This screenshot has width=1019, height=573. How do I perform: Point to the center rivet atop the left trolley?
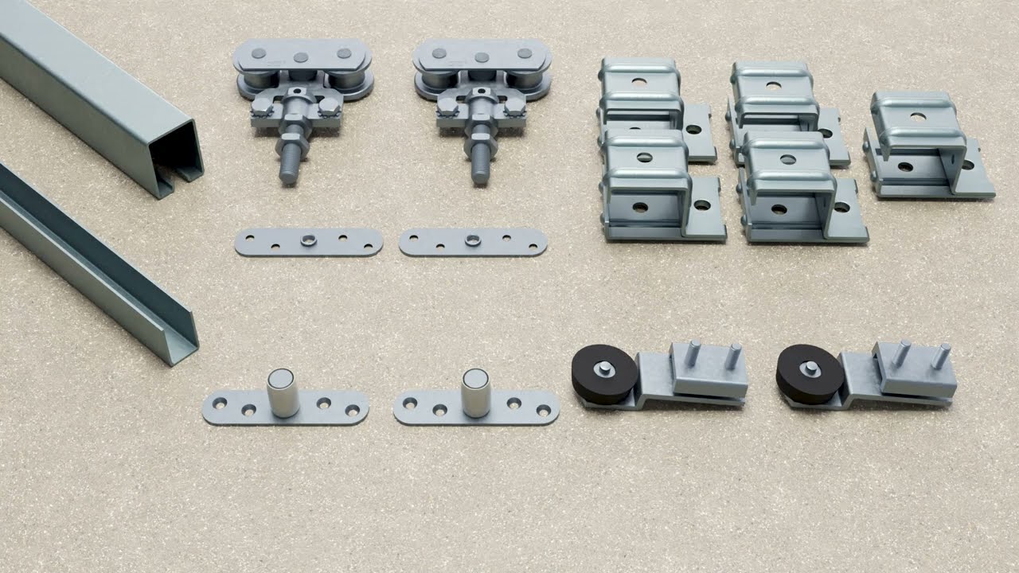[301, 57]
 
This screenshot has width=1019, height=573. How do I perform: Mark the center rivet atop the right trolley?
[482, 57]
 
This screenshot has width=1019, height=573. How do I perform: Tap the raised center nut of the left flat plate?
[309, 240]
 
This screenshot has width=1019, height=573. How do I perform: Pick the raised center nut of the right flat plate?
[473, 240]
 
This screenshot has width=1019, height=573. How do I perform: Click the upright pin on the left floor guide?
[283, 392]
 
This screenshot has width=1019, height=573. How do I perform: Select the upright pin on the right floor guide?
[475, 392]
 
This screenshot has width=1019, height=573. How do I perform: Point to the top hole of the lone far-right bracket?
[919, 117]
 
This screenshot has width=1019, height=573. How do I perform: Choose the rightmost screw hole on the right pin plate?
[544, 411]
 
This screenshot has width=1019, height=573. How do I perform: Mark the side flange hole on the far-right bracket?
[967, 166]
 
